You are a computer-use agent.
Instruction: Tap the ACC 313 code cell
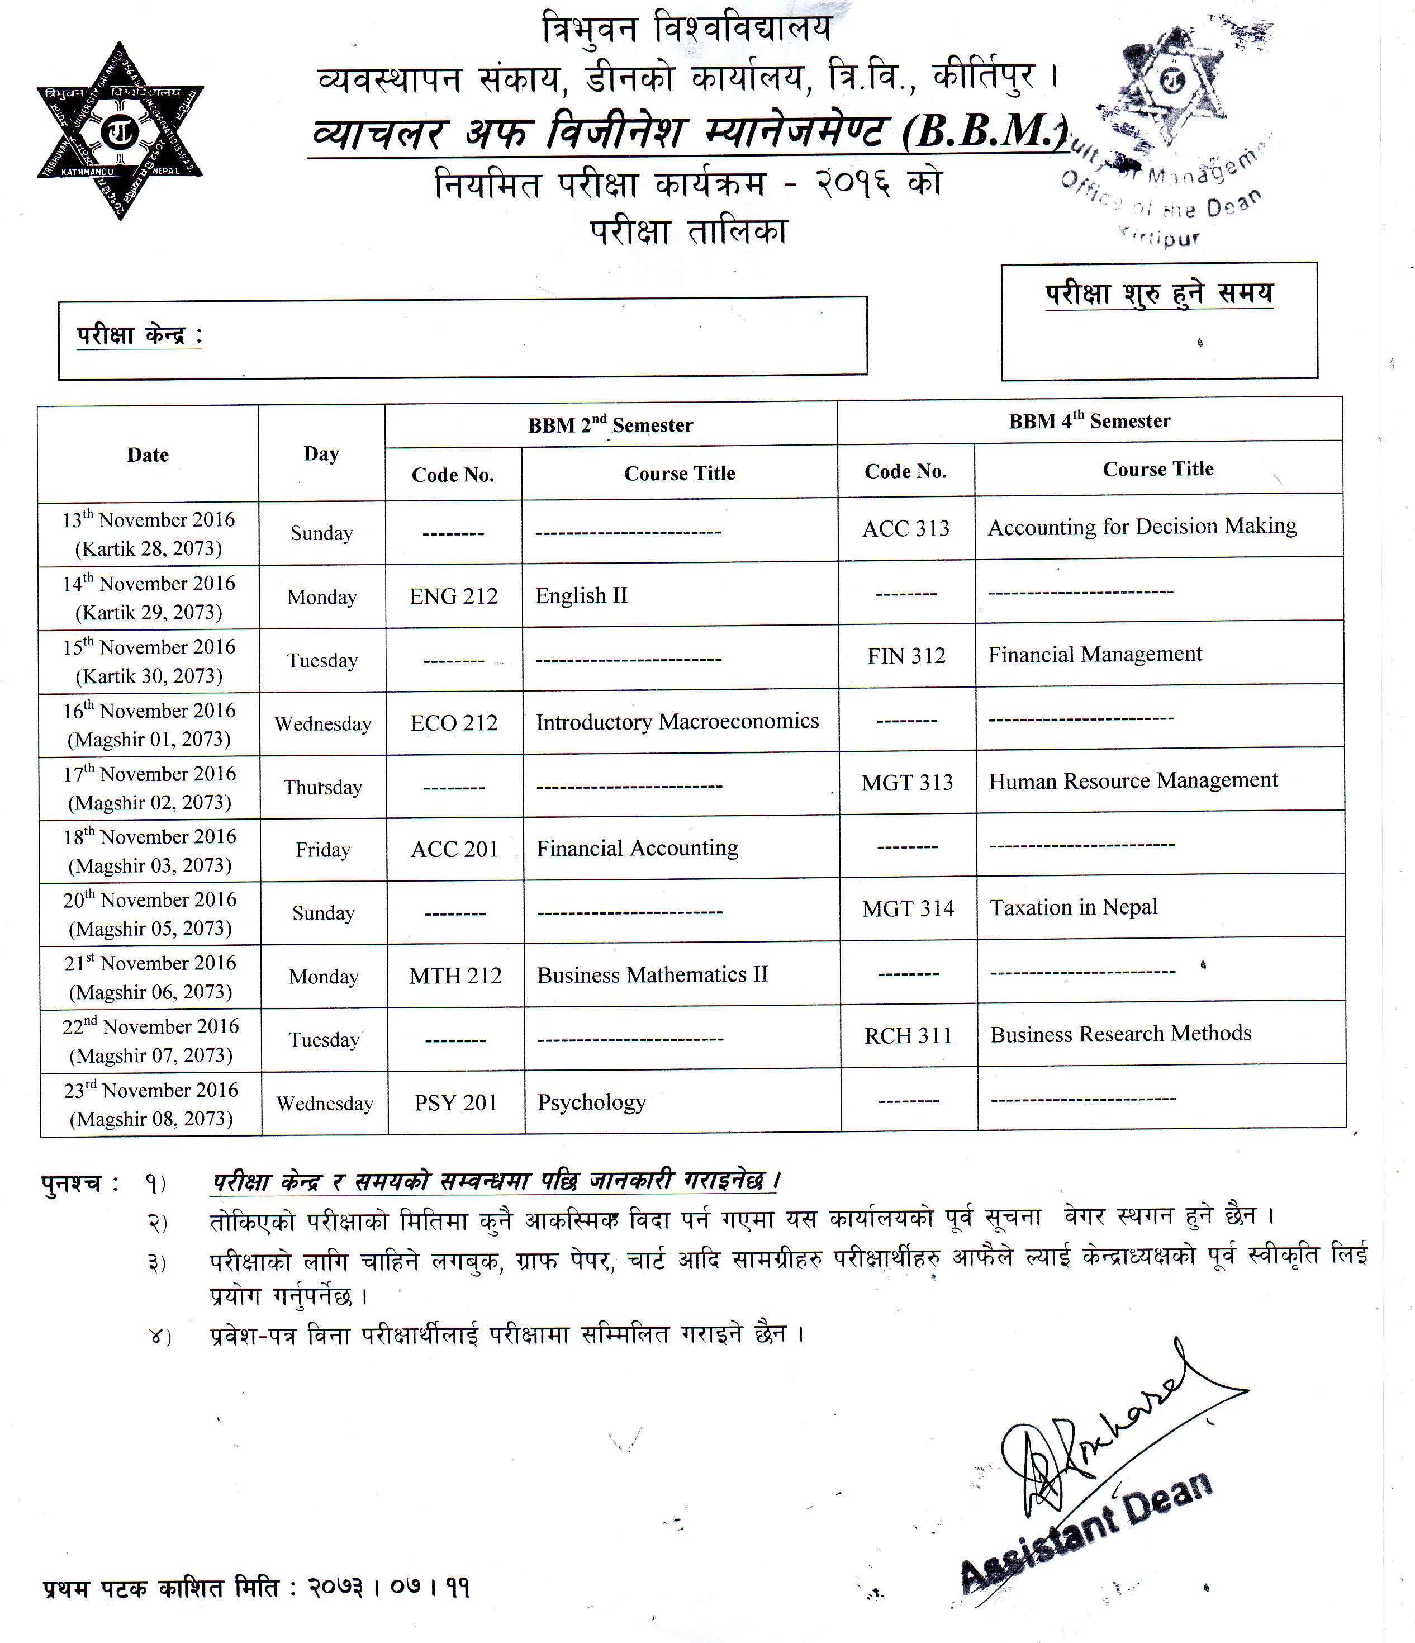click(905, 529)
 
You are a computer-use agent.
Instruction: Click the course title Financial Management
click(1095, 654)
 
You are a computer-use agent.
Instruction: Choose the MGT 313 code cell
click(907, 783)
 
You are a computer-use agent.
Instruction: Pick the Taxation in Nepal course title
click(1074, 907)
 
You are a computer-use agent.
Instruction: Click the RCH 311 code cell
click(908, 1035)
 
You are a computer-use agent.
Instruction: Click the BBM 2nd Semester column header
click(610, 425)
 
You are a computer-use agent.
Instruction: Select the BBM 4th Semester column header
click(1089, 421)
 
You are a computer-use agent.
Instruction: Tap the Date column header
click(148, 455)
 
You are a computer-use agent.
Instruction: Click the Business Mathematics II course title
click(652, 974)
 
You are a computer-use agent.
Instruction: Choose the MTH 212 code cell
click(455, 976)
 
